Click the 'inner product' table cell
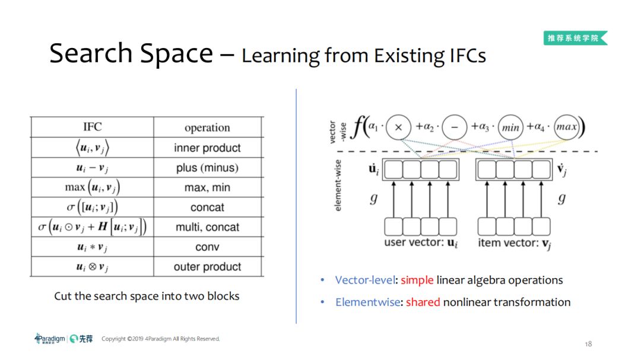[x=207, y=148]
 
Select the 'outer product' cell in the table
[x=207, y=267]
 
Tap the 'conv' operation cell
[x=207, y=247]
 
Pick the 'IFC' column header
[x=92, y=127]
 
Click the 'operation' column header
[x=207, y=128]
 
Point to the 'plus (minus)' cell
[x=207, y=168]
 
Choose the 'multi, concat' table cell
[x=207, y=227]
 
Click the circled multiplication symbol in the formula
[x=399, y=127]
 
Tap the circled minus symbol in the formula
[x=454, y=127]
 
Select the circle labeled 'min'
[x=510, y=127]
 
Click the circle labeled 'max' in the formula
[x=566, y=127]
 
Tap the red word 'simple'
[x=417, y=280]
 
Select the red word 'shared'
[x=423, y=302]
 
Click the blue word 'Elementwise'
[x=368, y=302]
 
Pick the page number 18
[x=588, y=344]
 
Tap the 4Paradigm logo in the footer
[x=49, y=339]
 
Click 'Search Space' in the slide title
[x=131, y=53]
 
